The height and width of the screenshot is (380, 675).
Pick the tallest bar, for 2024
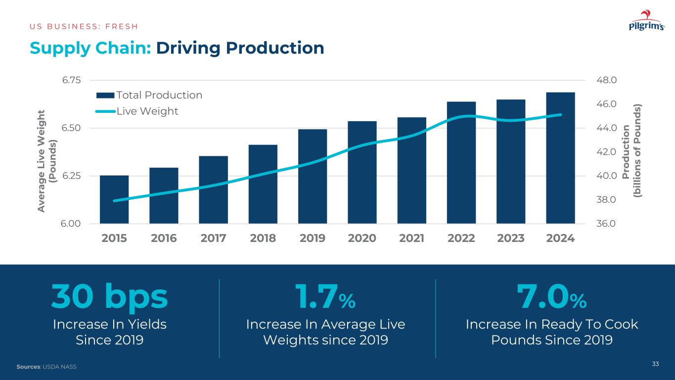[560, 158]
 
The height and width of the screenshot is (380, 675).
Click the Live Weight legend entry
[138, 111]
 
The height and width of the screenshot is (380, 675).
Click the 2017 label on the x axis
[214, 238]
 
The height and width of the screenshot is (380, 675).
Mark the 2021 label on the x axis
[412, 238]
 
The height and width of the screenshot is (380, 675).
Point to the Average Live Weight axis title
[48, 161]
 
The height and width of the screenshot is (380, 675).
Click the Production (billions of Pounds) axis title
[632, 151]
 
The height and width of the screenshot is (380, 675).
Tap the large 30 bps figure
[109, 297]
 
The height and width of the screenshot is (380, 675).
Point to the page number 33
[655, 364]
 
